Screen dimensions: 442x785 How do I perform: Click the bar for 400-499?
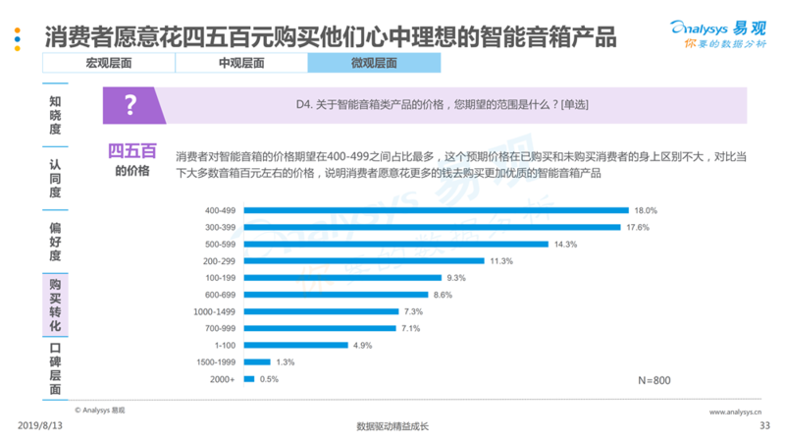[x=436, y=209]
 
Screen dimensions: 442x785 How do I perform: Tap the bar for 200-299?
[x=364, y=260]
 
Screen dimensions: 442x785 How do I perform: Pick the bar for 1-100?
[x=296, y=345]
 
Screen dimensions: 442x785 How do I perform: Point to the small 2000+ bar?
[x=249, y=378]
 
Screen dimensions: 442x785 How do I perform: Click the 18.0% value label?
[x=645, y=210]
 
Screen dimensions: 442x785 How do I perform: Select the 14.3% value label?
[x=565, y=244]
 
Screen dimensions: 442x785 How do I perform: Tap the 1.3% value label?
[x=286, y=361]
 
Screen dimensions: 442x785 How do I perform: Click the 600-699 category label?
[x=221, y=295]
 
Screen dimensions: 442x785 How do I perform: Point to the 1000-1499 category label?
[x=217, y=311]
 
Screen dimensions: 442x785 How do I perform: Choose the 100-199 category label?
[x=221, y=278]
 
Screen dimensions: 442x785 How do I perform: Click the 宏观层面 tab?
[x=108, y=63]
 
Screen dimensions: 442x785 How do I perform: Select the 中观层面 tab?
[x=240, y=63]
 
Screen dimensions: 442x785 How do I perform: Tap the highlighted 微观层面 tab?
[x=374, y=63]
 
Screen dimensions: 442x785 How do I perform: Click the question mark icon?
[x=130, y=104]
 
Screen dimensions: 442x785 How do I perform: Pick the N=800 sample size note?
[x=654, y=379]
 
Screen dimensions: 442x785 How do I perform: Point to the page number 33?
[x=765, y=425]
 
